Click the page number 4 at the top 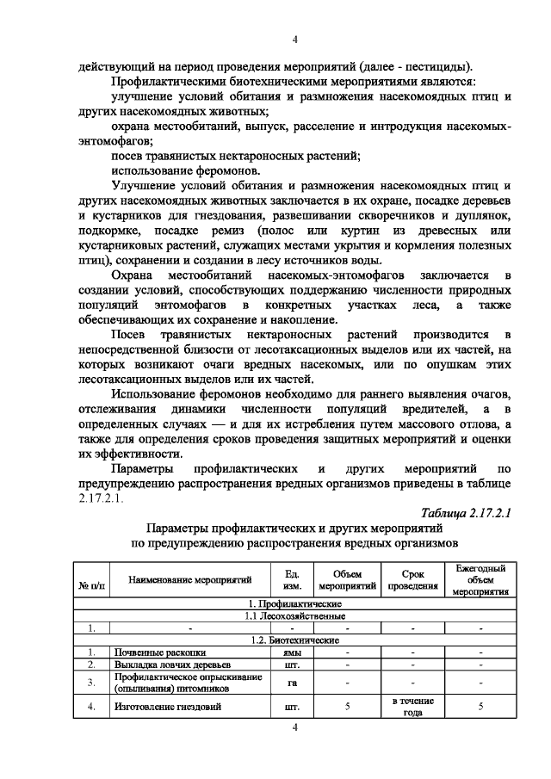294,40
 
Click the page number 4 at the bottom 294,728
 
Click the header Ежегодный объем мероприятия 480,579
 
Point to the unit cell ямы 291,652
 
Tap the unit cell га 291,682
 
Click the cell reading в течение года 413,707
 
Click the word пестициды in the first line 441,65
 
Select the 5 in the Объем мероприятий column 347,707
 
